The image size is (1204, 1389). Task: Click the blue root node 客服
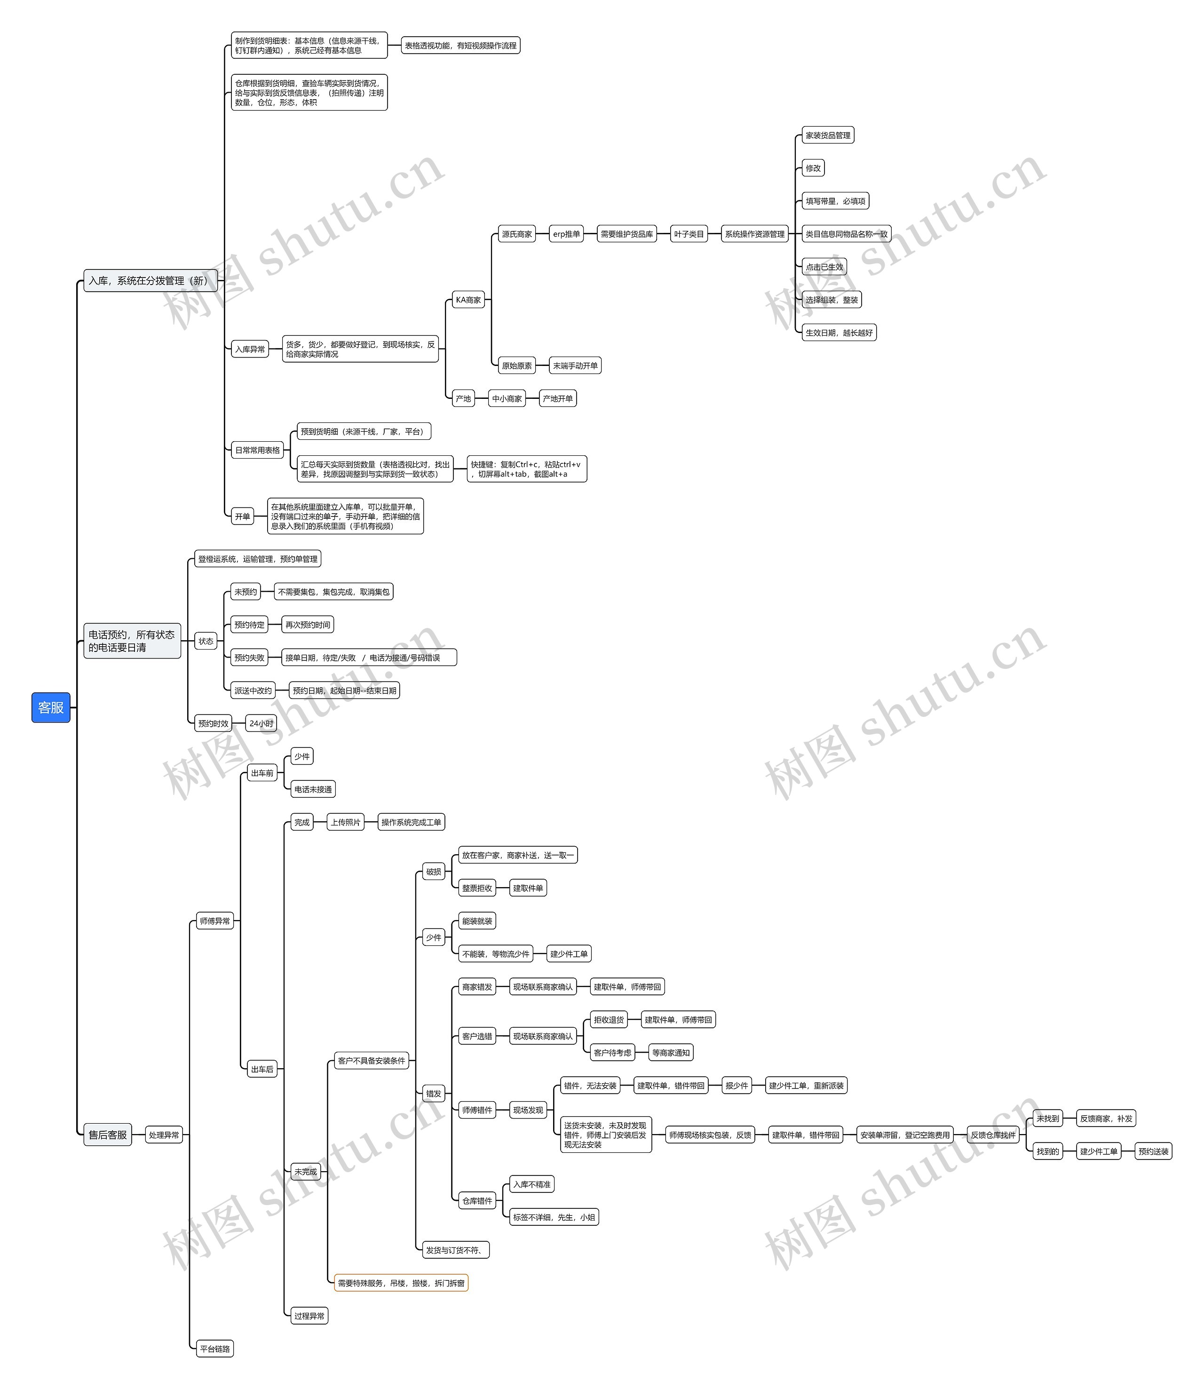coord(51,707)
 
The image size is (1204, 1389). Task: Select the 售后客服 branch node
coord(108,1135)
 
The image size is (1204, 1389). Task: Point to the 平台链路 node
coord(215,1349)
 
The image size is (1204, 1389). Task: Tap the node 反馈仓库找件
coord(993,1135)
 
